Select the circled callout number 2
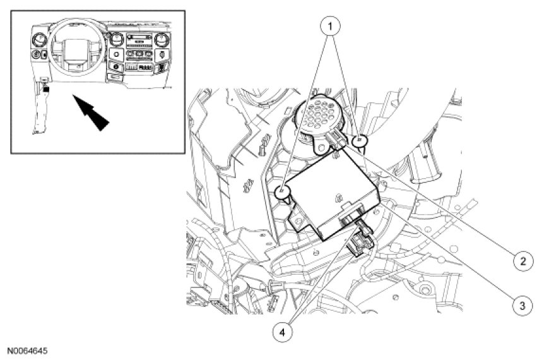(521, 259)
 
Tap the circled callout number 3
(521, 306)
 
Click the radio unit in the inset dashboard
(139, 40)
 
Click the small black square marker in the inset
(46, 90)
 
